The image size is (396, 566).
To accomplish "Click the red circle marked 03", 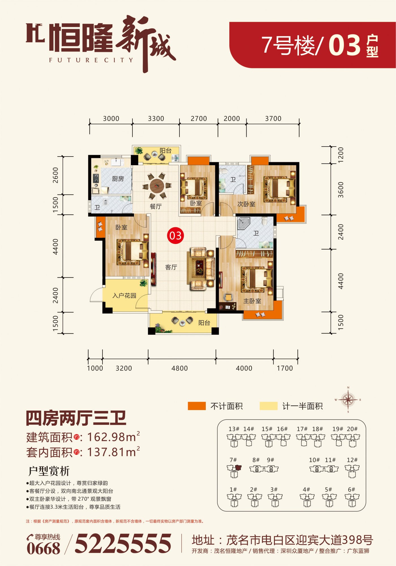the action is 175,235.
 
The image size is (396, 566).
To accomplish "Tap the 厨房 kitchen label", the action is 118,179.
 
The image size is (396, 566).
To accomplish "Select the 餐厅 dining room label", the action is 156,207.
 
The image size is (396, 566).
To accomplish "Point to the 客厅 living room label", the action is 171,267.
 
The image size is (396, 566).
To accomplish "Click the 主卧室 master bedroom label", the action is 252,301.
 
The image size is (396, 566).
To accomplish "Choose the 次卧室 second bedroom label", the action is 246,204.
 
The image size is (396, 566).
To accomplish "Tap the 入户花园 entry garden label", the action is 124,296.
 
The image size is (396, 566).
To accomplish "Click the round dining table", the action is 157,186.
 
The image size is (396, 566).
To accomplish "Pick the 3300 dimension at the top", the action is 156,119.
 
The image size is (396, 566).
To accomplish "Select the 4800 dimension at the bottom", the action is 179,368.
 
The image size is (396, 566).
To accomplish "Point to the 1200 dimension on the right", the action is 341,155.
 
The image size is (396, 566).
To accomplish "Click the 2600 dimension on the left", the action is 55,175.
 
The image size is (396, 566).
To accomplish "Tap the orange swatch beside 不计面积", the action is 197,406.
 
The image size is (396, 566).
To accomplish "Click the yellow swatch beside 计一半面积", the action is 269,406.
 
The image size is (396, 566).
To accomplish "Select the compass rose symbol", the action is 348,400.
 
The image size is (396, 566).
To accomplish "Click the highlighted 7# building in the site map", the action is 234,471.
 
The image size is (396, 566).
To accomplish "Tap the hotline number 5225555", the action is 123,543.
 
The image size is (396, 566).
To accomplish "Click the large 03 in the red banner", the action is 344,45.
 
